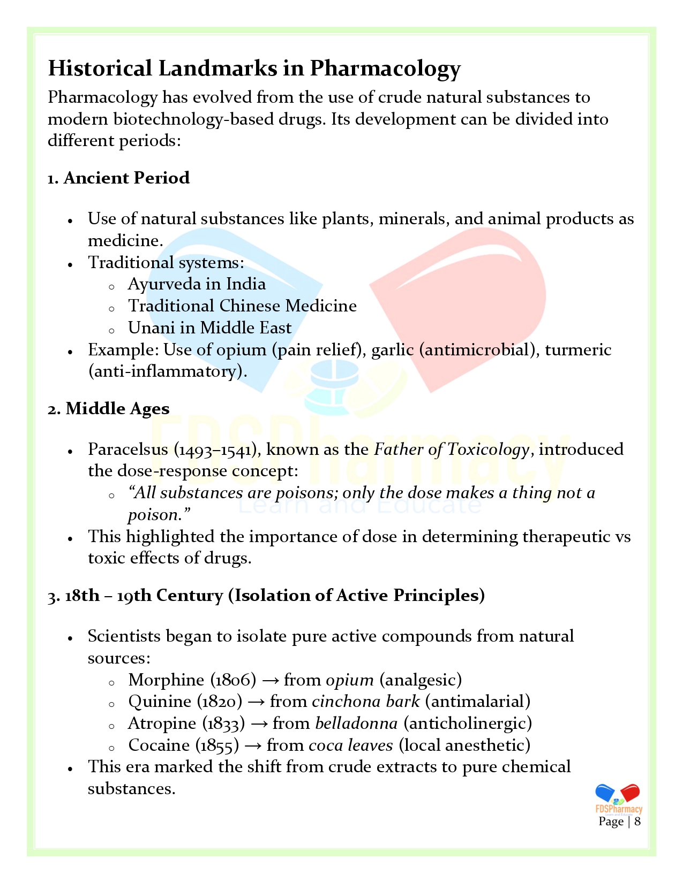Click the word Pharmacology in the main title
tap(385, 69)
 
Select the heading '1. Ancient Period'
tap(118, 178)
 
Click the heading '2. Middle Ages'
tap(108, 408)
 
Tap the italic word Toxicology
tap(488, 449)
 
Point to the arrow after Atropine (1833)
tap(259, 724)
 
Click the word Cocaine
tap(159, 745)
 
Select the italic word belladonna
tap(356, 723)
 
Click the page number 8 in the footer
tap(637, 821)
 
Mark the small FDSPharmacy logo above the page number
tap(618, 798)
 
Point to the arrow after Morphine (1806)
tap(271, 680)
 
